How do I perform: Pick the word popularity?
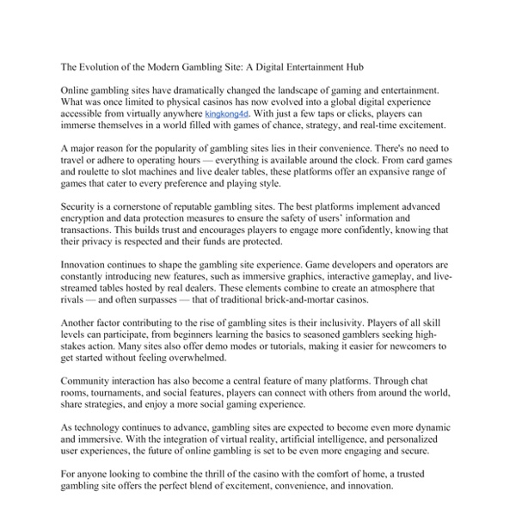175,149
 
